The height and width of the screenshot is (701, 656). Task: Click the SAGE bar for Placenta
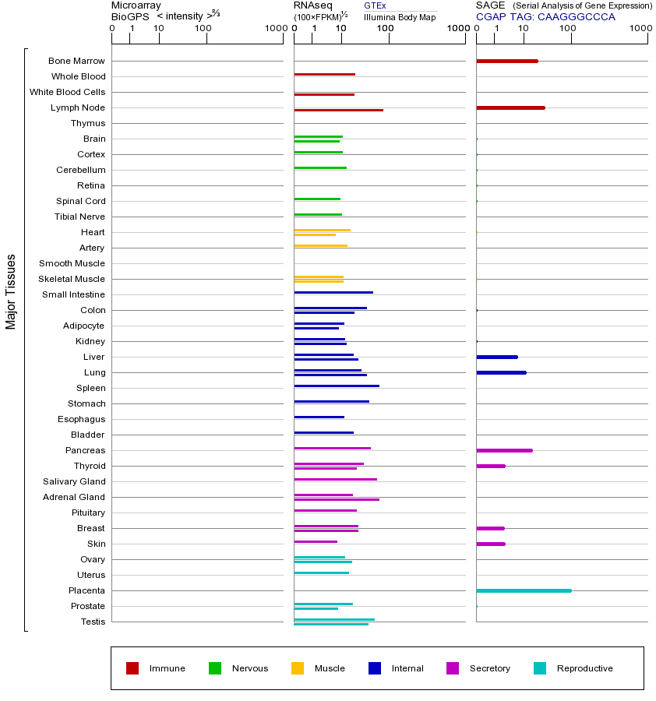click(524, 590)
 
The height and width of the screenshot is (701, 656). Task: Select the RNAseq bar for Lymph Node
click(338, 110)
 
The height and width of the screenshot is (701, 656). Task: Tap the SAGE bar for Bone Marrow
click(506, 61)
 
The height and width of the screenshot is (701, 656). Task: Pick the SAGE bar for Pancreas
click(504, 450)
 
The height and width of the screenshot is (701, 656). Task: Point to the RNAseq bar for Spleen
click(337, 386)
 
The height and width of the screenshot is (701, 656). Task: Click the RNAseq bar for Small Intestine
click(333, 292)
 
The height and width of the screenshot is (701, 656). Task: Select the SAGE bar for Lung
click(501, 372)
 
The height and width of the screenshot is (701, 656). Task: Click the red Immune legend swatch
click(132, 668)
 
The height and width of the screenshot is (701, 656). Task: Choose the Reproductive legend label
click(584, 668)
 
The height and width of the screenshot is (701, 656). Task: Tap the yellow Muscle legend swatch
click(298, 668)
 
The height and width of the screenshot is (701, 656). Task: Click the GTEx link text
click(375, 6)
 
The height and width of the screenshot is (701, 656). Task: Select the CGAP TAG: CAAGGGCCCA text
click(545, 17)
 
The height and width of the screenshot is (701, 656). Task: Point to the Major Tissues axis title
click(11, 291)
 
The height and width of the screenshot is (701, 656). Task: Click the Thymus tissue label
click(87, 123)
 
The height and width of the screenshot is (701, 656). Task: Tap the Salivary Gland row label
click(76, 481)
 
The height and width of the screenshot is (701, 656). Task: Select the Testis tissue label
click(93, 622)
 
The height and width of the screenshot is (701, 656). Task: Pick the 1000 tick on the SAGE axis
click(640, 29)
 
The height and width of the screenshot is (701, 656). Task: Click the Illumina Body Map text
click(400, 17)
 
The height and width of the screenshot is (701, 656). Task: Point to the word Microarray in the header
click(136, 5)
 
